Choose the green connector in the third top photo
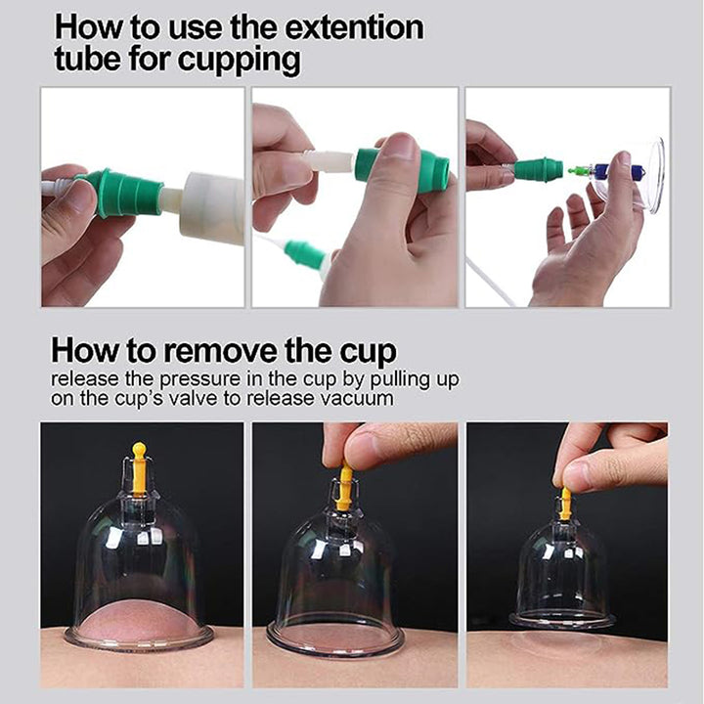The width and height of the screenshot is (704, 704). point(538,170)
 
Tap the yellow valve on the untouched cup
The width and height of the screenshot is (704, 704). point(139,467)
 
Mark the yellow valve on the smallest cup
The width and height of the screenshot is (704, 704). point(565,504)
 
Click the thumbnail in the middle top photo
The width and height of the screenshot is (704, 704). point(397,147)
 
